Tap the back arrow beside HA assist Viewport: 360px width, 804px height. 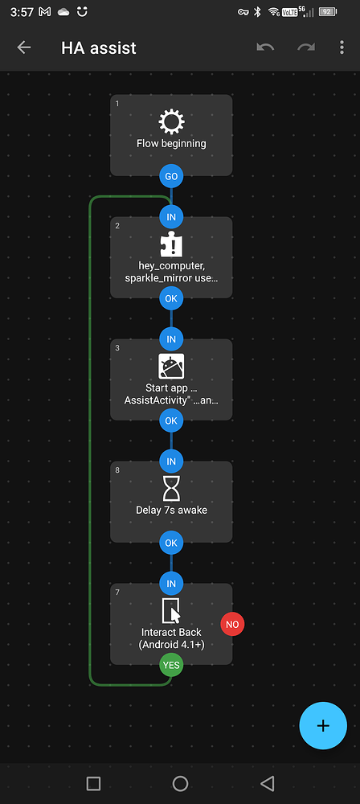pyautogui.click(x=24, y=47)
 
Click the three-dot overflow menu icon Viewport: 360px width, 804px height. pyautogui.click(x=343, y=47)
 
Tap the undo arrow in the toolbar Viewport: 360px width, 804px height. pyautogui.click(x=265, y=47)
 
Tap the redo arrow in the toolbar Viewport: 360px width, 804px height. pyautogui.click(x=306, y=47)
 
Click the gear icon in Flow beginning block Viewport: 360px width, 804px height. pyautogui.click(x=171, y=122)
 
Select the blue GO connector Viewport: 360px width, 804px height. pyautogui.click(x=171, y=176)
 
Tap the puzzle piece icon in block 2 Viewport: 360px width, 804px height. pyautogui.click(x=171, y=244)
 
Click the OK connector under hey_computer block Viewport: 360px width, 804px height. pyautogui.click(x=171, y=298)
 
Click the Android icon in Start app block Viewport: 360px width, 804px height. pyautogui.click(x=171, y=367)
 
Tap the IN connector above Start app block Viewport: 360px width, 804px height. pyautogui.click(x=171, y=338)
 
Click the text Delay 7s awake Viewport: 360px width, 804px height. pyautogui.click(x=171, y=510)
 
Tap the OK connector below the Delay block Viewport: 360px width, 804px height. pyautogui.click(x=171, y=543)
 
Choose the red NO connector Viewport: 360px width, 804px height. pyautogui.click(x=232, y=624)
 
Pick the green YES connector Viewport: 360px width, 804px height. pyautogui.click(x=171, y=665)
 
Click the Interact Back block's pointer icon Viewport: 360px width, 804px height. pyautogui.click(x=171, y=611)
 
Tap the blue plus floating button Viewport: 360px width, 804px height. pyautogui.click(x=323, y=725)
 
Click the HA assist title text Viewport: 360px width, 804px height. pyautogui.click(x=99, y=48)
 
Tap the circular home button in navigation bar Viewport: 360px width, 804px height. pyautogui.click(x=180, y=783)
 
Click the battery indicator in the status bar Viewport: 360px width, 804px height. pyautogui.click(x=327, y=12)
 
